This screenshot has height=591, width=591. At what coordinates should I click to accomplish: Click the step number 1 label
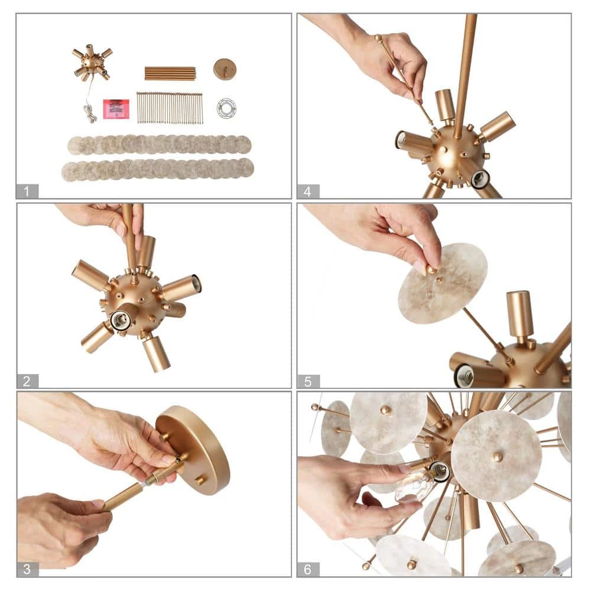[27, 191]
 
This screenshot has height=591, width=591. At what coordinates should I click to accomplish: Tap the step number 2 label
[27, 381]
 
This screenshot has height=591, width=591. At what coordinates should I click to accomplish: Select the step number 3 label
[27, 569]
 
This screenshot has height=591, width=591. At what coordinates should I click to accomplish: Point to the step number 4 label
[307, 191]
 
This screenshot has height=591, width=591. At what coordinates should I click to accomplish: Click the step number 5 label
[308, 381]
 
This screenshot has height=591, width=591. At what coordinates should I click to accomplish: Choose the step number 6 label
[307, 569]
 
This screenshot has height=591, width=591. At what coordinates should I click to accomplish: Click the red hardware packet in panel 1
[116, 109]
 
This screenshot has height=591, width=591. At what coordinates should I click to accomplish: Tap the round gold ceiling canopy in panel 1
[225, 69]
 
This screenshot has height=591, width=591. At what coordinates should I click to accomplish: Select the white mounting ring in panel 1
[226, 108]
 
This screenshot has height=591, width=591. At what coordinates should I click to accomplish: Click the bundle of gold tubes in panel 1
[170, 73]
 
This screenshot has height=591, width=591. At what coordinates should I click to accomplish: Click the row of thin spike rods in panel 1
[170, 108]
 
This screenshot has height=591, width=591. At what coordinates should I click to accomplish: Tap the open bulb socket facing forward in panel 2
[119, 320]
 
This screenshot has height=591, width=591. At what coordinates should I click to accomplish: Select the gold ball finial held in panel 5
[431, 269]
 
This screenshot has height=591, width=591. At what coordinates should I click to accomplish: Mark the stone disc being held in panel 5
[443, 283]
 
